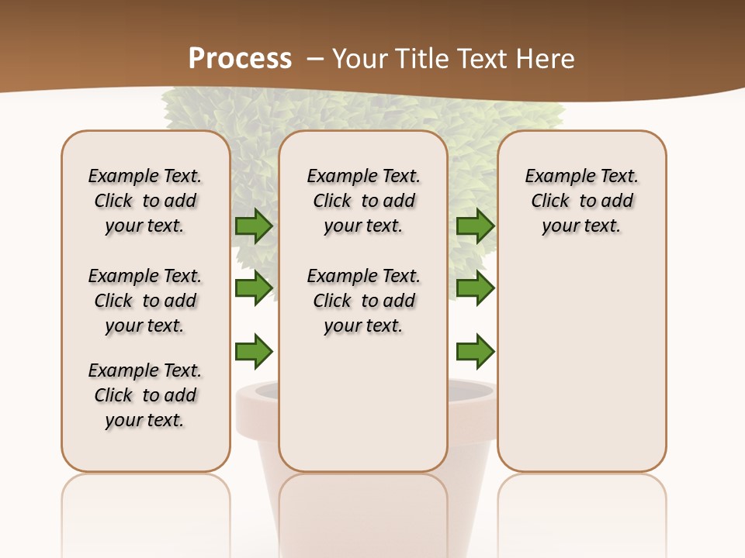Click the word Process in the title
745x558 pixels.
(x=240, y=59)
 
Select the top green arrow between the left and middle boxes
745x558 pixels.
(x=254, y=226)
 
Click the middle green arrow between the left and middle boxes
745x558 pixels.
(x=254, y=288)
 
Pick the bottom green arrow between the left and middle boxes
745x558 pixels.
(x=254, y=351)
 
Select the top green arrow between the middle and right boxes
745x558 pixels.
(x=475, y=226)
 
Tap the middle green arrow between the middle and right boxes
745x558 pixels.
(x=475, y=288)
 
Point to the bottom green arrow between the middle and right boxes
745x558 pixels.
(x=475, y=351)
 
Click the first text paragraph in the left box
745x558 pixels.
(x=145, y=201)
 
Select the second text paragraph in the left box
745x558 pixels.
(x=145, y=301)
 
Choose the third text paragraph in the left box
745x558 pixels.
(x=145, y=395)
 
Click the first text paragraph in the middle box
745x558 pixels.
(x=363, y=201)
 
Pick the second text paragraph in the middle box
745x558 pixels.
(x=363, y=301)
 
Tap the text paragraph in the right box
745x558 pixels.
(x=581, y=201)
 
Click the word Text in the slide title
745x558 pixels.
(x=476, y=59)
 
